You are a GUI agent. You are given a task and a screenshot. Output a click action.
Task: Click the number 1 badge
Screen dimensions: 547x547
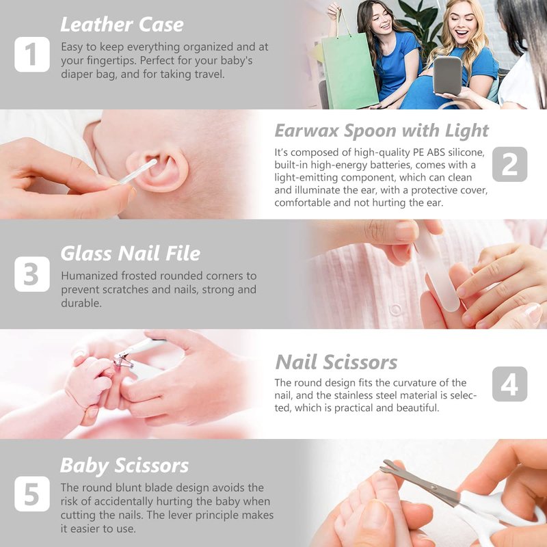[x=32, y=55]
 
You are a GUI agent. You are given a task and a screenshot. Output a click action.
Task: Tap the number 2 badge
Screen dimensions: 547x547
[x=509, y=164]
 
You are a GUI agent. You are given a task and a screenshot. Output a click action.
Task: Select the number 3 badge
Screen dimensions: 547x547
[x=32, y=274]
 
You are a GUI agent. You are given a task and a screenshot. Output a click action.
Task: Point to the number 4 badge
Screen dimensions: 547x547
[x=509, y=384]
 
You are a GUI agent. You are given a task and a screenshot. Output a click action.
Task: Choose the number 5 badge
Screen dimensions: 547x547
[x=32, y=494]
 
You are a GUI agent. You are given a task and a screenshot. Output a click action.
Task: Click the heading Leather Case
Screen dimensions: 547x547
[x=122, y=25]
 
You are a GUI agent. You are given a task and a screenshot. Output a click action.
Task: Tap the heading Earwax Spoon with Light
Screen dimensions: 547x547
[x=382, y=131]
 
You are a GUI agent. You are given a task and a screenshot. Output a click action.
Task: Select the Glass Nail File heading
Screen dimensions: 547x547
[x=131, y=253]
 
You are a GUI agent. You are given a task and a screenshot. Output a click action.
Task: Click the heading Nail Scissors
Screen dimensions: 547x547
[x=336, y=362]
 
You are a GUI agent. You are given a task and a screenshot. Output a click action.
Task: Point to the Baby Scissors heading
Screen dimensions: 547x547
[x=124, y=466]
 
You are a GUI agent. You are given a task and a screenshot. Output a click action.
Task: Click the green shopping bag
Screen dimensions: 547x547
[x=349, y=69]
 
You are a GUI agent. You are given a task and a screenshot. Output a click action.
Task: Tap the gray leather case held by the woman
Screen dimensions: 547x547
[x=447, y=76]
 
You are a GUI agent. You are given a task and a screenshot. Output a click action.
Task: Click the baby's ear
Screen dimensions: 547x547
[x=159, y=169]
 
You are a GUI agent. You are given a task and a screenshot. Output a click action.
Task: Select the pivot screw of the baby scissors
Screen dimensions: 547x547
[x=434, y=488]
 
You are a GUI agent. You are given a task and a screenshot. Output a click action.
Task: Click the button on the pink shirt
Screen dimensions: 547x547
[x=396, y=310]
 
